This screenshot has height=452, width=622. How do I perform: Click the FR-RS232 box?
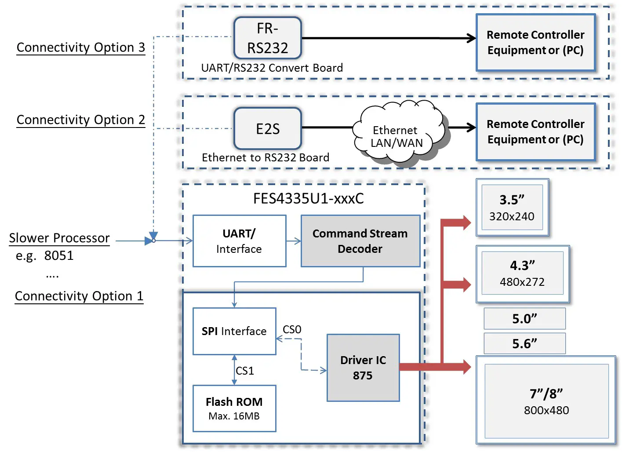coord(267,38)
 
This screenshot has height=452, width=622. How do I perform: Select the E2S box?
coord(267,128)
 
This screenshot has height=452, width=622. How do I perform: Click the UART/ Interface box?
coord(239,241)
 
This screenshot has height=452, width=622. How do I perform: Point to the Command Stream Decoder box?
coord(360,241)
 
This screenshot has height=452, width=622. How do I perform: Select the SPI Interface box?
coord(234,331)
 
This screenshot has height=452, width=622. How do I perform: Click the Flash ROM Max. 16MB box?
coord(234,408)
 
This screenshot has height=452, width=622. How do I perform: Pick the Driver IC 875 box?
coord(363,368)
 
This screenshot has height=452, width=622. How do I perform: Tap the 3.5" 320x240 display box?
coord(512,208)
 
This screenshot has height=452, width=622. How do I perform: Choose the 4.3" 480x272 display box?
coord(522,273)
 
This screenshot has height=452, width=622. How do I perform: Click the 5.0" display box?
coord(524,318)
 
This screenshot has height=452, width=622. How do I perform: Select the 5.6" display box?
coord(524,343)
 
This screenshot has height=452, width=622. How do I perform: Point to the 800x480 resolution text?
coord(546,410)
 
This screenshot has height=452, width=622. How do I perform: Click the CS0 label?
coord(292,329)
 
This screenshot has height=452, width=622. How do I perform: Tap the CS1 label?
coord(245,371)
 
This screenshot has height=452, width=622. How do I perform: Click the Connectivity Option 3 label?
coord(80,47)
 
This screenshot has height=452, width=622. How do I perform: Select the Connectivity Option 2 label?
coord(80,120)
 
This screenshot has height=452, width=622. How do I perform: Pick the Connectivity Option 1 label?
coord(79,296)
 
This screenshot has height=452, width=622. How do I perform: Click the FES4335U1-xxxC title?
coord(308,199)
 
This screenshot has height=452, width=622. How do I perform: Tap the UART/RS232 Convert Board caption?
coord(272,68)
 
